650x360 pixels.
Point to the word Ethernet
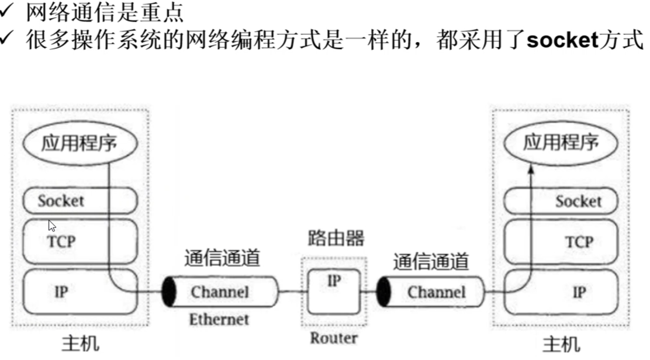219,320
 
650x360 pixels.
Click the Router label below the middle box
333,337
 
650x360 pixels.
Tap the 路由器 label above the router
336,238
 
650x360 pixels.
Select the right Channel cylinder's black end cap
383,292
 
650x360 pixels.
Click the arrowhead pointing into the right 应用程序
530,169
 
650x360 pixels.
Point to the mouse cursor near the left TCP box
51,225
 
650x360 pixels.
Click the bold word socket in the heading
562,40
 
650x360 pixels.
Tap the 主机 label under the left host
80,344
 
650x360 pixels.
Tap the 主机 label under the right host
560,345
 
